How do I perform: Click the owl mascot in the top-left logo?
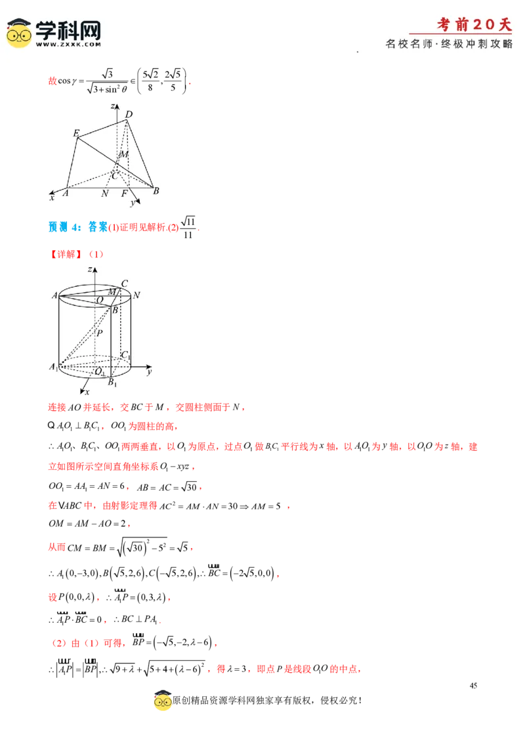19,33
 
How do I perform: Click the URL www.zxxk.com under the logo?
68,44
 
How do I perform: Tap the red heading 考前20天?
474,25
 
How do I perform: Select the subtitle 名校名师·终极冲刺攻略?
449,44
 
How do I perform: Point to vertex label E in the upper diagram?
76,133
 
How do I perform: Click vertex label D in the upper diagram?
129,115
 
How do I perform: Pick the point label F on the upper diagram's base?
125,194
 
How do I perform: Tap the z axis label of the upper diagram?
113,106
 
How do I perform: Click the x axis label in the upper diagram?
52,197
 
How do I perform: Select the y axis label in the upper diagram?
133,203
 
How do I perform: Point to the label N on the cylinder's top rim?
136,295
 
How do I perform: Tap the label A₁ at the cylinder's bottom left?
53,367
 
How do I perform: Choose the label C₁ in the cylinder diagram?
125,355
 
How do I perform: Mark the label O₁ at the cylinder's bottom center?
100,372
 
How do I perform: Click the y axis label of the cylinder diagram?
150,372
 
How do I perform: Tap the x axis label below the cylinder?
86,392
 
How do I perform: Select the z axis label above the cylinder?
89,269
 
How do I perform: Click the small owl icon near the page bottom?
163,702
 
